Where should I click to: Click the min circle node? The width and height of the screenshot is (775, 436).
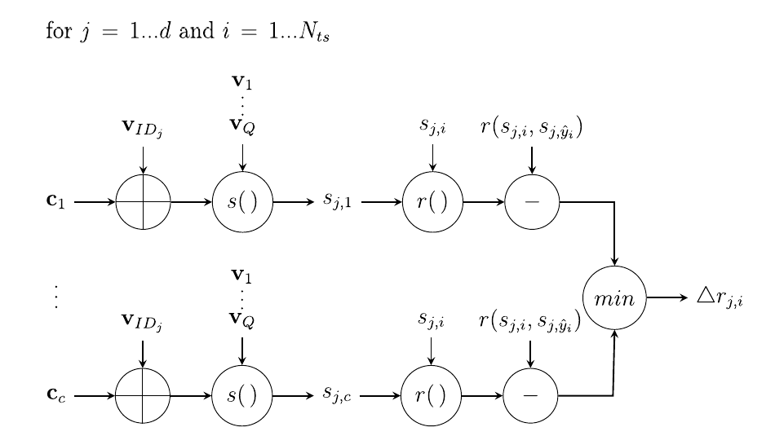615,297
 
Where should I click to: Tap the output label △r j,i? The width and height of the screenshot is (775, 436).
719,298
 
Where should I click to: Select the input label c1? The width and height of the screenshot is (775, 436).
56,200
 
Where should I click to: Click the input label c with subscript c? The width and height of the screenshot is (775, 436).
56,396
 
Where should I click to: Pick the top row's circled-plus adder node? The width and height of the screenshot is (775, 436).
144,201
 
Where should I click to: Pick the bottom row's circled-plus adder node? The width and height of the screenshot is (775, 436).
144,396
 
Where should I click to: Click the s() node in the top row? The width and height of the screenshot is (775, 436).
242,201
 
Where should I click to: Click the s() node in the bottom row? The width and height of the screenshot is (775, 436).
242,396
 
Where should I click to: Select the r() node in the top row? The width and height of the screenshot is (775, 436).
432,201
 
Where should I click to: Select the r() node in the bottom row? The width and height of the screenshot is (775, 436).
432,396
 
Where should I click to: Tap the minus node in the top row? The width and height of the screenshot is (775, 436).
532,201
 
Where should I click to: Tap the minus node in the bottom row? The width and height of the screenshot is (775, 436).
530,396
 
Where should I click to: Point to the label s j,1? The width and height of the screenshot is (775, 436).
336,201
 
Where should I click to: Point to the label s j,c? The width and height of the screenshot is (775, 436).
336,396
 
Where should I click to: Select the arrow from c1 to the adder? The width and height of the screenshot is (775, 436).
95,201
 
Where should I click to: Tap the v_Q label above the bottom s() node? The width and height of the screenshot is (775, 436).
242,319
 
